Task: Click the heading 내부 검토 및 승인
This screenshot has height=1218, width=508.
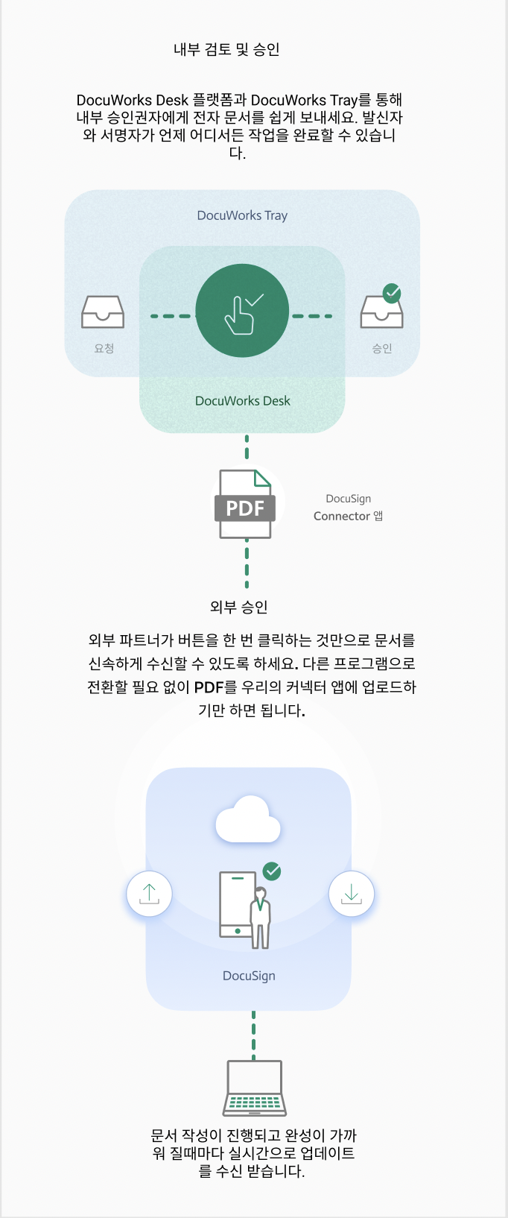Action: (x=226, y=50)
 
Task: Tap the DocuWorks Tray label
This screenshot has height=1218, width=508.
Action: (x=242, y=215)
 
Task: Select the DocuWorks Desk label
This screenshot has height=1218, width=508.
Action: (x=242, y=401)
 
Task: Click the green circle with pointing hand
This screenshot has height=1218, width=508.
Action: (x=242, y=311)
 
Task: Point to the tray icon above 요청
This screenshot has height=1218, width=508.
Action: (x=103, y=312)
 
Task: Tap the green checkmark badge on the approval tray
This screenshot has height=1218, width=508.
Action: (x=392, y=293)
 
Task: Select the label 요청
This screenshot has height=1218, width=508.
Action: (x=104, y=348)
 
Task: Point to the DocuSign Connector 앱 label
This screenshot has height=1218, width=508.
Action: (x=348, y=508)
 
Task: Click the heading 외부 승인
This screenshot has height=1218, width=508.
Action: (x=238, y=607)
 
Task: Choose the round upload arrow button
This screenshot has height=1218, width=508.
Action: (x=149, y=893)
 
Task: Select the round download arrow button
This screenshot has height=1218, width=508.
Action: (x=351, y=894)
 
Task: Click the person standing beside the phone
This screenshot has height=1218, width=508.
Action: (x=260, y=918)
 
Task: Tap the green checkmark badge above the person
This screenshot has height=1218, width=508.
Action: (x=272, y=871)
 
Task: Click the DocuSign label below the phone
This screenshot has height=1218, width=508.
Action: (x=249, y=976)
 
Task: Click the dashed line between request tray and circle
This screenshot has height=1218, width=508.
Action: (x=171, y=316)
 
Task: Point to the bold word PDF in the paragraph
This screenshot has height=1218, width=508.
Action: (x=209, y=687)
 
